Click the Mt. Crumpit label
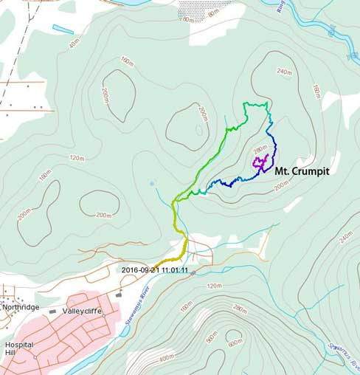[302, 171]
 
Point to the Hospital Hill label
[19, 348]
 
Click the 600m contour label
[235, 341]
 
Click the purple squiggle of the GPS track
[260, 162]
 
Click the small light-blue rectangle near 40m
[63, 30]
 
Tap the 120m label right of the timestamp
[215, 285]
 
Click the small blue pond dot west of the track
[152, 183]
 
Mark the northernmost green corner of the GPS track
[246, 104]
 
